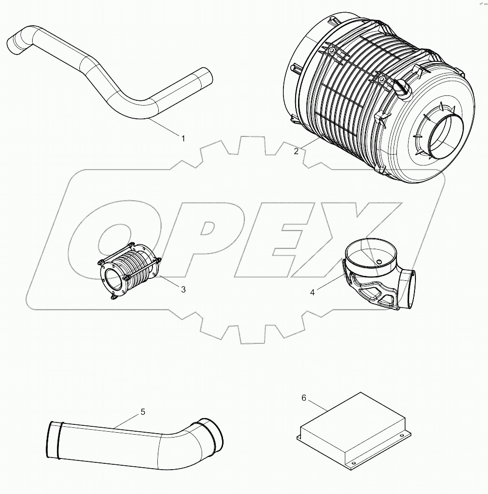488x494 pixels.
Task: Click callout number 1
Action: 183,139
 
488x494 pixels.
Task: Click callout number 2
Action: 296,151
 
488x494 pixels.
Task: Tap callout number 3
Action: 183,290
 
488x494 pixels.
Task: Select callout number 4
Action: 313,292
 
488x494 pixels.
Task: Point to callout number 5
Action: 143,412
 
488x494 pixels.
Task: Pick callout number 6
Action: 304,398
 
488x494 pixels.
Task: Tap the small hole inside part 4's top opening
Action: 378,261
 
